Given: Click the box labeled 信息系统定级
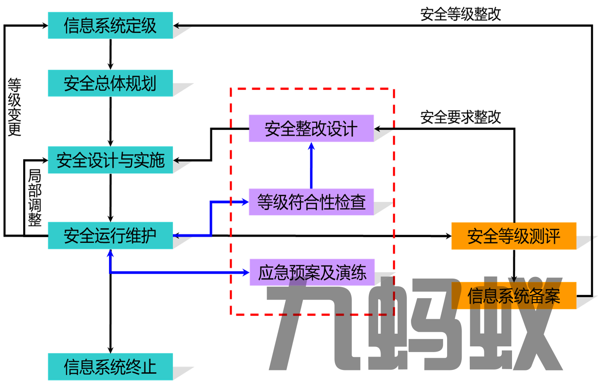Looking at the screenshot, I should point(110,26).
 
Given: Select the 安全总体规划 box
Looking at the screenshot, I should point(110,83).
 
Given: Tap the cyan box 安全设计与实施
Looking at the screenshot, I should point(110,160).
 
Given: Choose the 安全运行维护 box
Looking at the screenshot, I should point(110,236).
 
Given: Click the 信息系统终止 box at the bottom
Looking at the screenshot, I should point(110,367).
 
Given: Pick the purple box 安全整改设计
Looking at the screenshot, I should point(311,128).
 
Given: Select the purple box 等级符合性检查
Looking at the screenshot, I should point(311,202).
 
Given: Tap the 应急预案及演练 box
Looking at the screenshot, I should point(312,272).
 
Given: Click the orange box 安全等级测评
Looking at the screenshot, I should point(514,236).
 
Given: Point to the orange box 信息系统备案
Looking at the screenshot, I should point(514,296).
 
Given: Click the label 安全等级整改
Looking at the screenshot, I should point(460,14).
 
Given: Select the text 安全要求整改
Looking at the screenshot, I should point(460,117).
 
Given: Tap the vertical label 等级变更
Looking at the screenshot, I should point(14,107).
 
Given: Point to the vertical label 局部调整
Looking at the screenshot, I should point(35,197).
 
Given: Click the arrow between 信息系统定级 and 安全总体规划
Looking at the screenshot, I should point(110,55).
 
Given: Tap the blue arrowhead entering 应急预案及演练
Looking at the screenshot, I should point(245,272).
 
